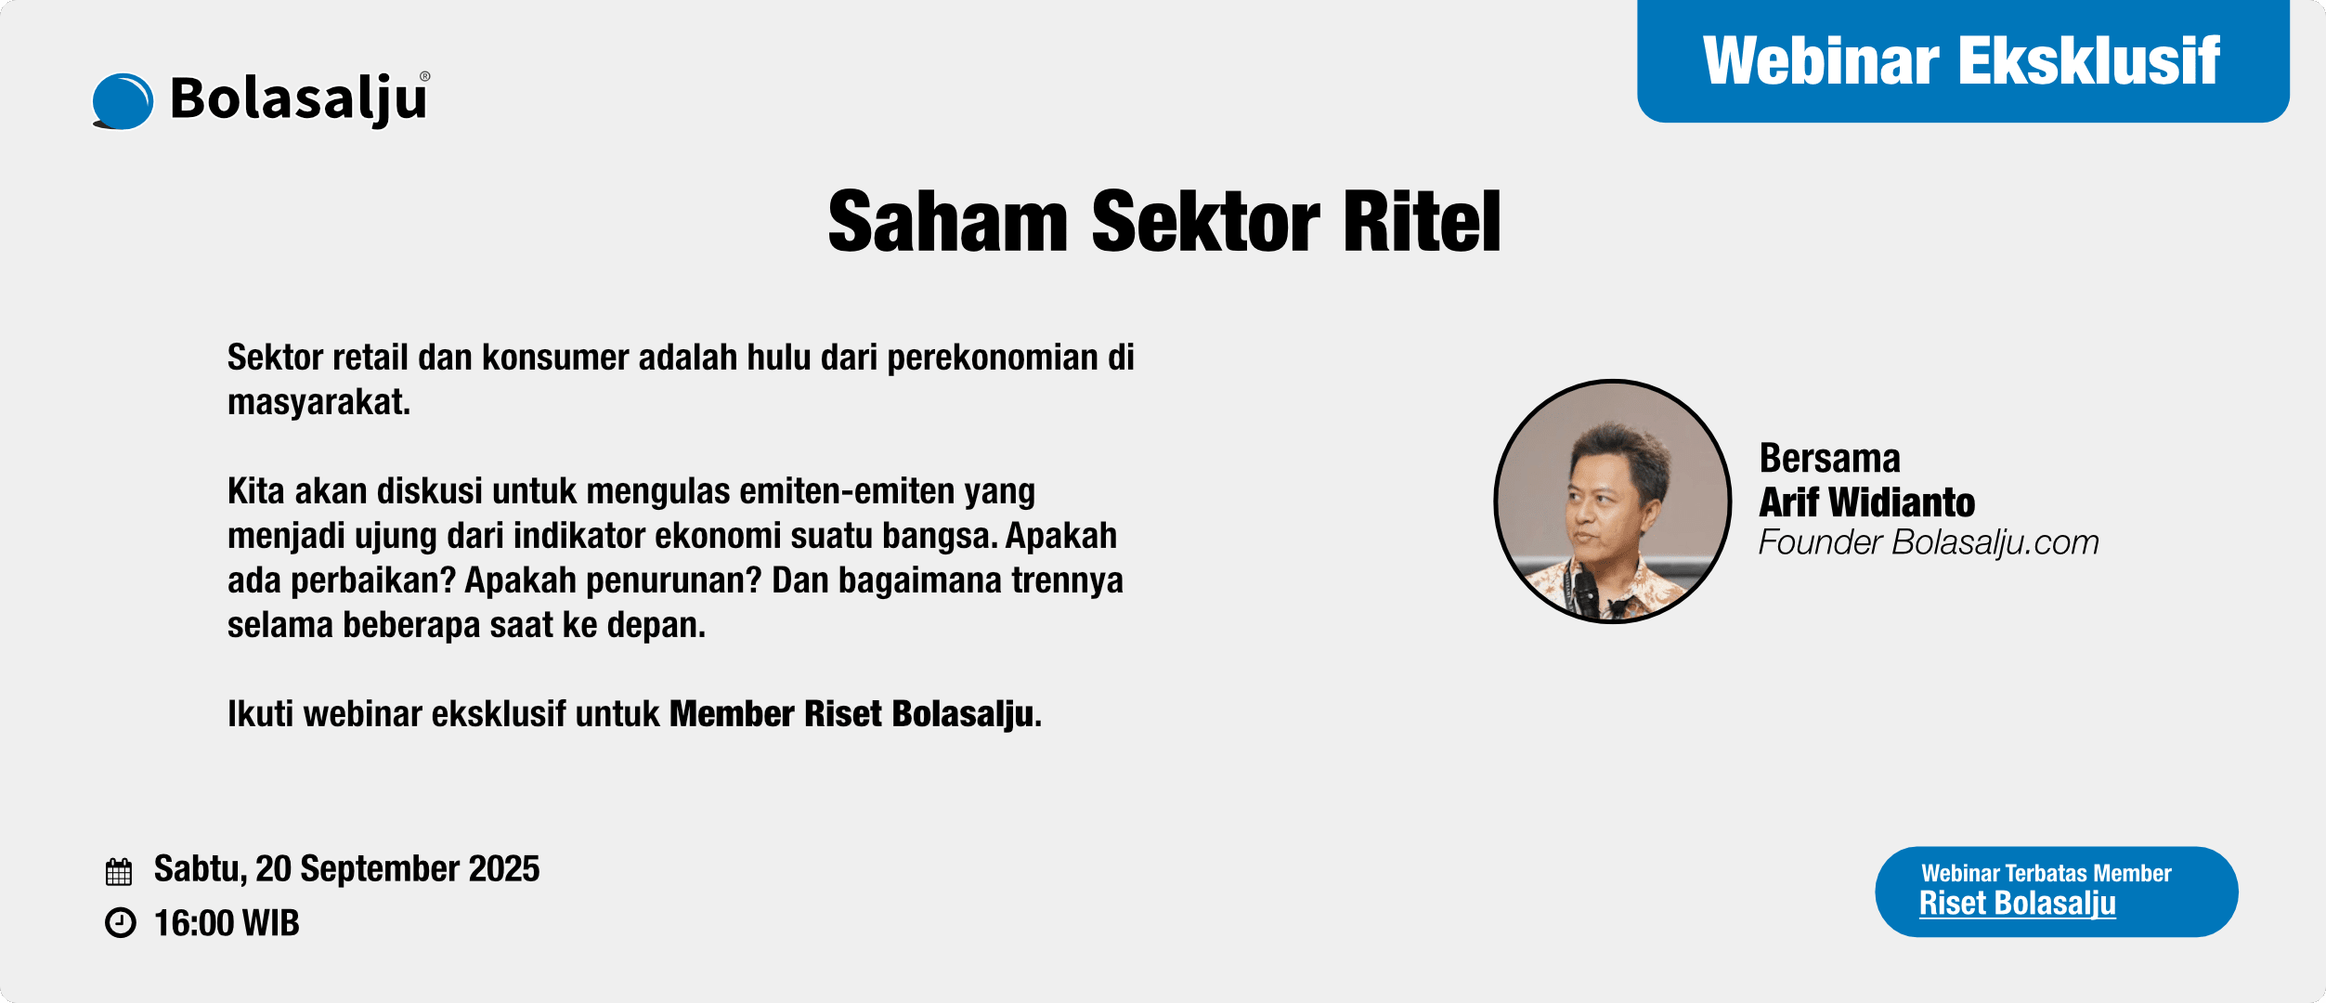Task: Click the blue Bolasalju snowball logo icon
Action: [123, 101]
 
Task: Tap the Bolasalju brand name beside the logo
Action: [298, 99]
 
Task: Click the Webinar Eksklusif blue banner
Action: [1963, 61]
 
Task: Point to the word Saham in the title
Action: [948, 221]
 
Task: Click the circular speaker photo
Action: [1613, 501]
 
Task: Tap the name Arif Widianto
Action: [1866, 502]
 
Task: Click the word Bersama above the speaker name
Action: [1829, 459]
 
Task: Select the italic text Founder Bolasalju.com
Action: [1929, 542]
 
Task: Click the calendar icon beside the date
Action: [119, 871]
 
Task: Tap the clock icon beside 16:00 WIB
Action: [120, 923]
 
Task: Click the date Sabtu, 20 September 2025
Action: [346, 869]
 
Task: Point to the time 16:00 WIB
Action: [227, 923]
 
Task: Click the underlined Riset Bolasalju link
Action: [2018, 904]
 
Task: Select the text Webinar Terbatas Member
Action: [2047, 873]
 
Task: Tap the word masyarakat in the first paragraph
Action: [318, 402]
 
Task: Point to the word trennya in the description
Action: [1068, 581]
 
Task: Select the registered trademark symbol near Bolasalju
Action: [425, 77]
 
